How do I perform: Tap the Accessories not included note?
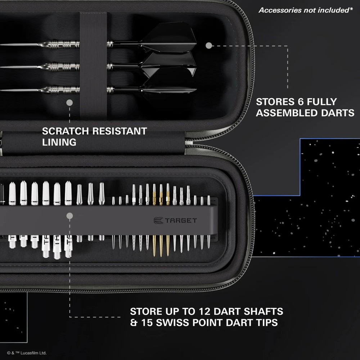coord(305,10)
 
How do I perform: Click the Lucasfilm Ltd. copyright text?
coord(27,353)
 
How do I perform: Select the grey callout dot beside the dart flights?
coord(208,46)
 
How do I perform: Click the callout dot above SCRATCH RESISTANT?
coord(69,103)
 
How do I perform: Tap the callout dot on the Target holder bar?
coord(70,216)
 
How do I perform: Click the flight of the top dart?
coord(176,36)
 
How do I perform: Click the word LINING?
coord(59,142)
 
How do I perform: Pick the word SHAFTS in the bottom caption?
coord(260,311)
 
